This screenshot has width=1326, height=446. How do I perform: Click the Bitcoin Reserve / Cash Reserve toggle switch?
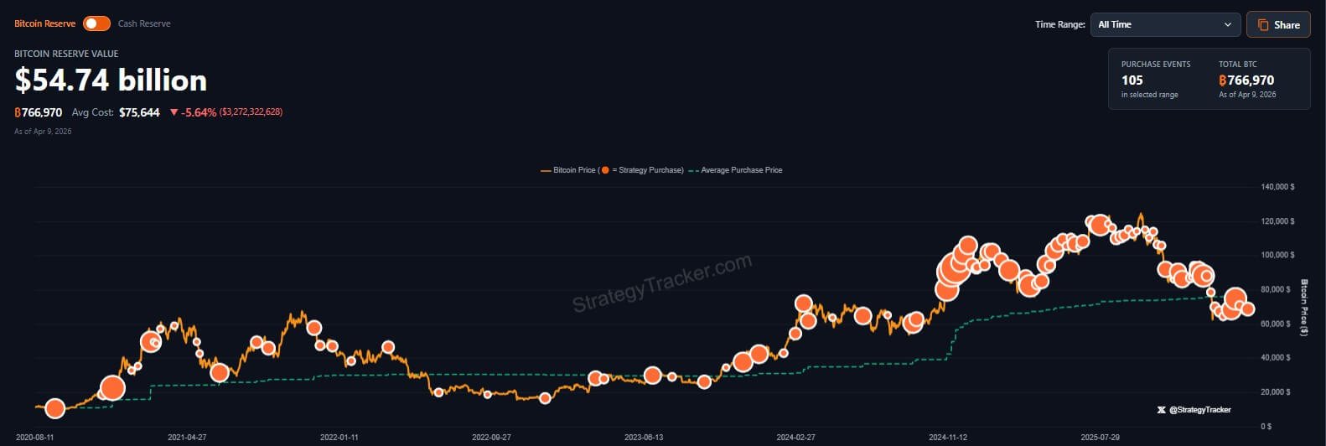point(96,23)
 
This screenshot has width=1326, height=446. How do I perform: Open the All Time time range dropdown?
point(1164,24)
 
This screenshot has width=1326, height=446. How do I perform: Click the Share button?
point(1278,24)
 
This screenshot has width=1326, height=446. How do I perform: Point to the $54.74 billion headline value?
point(111,80)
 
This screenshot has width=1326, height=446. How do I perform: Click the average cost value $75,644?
point(139,112)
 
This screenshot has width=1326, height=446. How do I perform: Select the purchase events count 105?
point(1132,80)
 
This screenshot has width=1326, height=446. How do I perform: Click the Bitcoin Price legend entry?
point(574,170)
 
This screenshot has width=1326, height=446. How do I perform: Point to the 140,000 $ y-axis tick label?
point(1277,187)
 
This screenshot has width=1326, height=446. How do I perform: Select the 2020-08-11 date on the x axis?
point(35,438)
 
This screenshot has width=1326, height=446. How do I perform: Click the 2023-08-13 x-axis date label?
point(644,438)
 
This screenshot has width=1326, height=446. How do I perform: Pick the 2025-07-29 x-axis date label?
point(1100,438)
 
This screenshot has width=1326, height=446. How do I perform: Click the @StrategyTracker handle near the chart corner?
point(1199,410)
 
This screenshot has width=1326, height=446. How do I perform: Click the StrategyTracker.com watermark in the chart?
point(662,283)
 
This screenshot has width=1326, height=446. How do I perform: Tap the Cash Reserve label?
point(144,23)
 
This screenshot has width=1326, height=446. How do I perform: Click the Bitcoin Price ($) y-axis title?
point(1304,308)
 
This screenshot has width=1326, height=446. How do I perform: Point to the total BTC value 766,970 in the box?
point(1250,80)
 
